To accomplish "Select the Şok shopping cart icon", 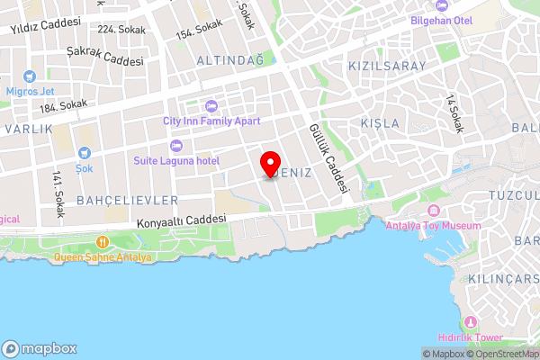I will point(85,154).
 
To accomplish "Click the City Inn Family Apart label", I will point(211,121).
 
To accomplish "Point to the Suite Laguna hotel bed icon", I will point(175,146).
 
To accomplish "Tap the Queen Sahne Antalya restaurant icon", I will point(103,242).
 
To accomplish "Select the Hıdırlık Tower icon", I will point(469,322).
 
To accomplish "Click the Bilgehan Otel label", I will point(441,19).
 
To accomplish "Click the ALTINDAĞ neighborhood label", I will point(229,60).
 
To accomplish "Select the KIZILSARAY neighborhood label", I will point(385,67).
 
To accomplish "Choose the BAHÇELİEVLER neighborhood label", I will point(128,199).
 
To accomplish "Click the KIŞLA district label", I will point(379,122).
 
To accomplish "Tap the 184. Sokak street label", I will point(62,106).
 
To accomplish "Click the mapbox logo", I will point(40,348).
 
